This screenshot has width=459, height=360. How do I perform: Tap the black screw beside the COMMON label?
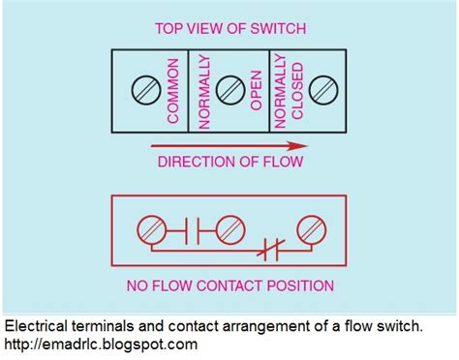(x=146, y=91)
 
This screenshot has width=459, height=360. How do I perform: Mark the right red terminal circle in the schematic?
(x=311, y=231)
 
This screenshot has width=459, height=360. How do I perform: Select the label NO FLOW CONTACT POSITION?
(x=229, y=286)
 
